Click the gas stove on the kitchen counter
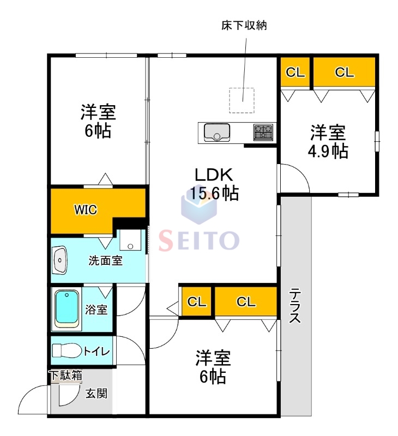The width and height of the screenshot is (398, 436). pyautogui.click(x=263, y=132)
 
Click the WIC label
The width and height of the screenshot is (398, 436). pyautogui.click(x=86, y=210)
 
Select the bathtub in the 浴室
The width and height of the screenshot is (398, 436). pyautogui.click(x=67, y=309)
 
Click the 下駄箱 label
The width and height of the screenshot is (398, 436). pyautogui.click(x=65, y=376)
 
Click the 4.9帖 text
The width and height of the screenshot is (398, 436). pyautogui.click(x=327, y=150)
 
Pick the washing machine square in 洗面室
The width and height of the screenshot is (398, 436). pyautogui.click(x=130, y=240)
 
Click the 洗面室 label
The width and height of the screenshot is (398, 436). pyautogui.click(x=105, y=261)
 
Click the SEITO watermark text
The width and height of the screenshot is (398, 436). pyautogui.click(x=199, y=240)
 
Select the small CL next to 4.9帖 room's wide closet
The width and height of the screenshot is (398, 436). pyautogui.click(x=295, y=72)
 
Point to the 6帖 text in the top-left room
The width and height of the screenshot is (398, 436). pyautogui.click(x=98, y=131)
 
